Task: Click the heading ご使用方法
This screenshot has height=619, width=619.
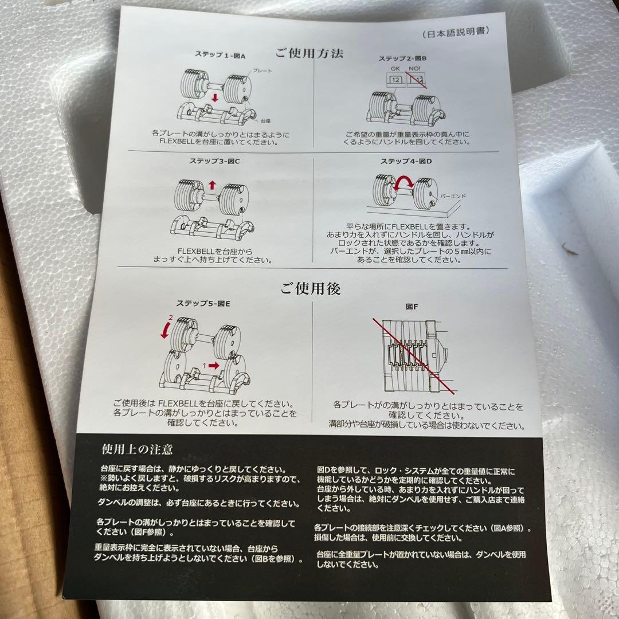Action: coord(309,54)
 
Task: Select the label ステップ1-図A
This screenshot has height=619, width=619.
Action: coord(219,56)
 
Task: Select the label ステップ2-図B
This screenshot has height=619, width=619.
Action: coord(402,58)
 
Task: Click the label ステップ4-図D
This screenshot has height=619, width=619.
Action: coord(405,162)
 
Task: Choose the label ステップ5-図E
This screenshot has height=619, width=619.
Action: coord(203,303)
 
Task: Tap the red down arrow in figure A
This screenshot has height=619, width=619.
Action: coord(214,98)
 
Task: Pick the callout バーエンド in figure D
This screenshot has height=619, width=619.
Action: coord(453,196)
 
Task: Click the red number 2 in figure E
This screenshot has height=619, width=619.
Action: coord(170,317)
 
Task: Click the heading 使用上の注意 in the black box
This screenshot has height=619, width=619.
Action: coord(137,448)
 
